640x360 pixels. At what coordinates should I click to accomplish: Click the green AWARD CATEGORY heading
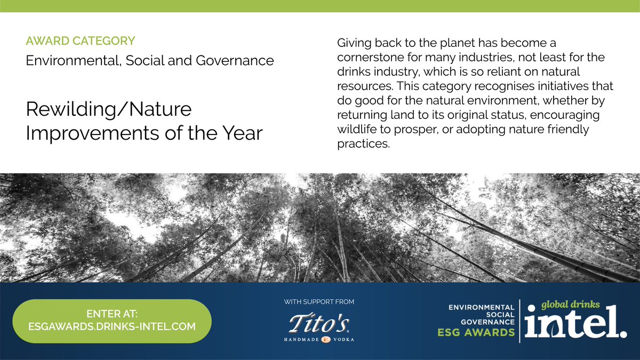point(80,41)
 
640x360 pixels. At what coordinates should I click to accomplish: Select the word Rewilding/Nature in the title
point(109,110)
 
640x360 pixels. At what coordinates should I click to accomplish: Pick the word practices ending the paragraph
point(363,144)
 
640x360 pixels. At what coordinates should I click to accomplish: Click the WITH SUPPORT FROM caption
point(319,302)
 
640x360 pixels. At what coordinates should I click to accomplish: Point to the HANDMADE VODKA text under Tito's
point(319,339)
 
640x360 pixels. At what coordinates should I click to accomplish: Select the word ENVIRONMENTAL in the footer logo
point(482,307)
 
